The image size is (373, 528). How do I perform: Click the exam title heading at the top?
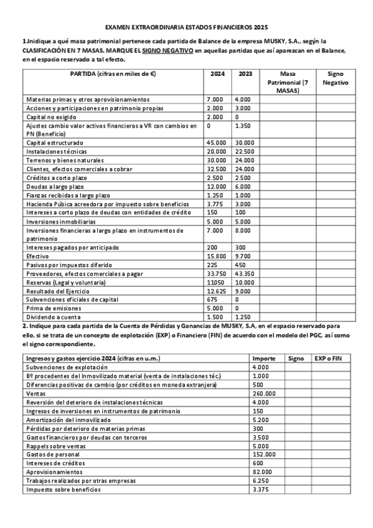(x=186, y=28)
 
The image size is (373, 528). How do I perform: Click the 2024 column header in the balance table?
(x=217, y=74)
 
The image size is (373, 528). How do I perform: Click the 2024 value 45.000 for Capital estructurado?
(x=216, y=143)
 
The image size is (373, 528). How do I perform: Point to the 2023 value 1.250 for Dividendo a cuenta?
(x=242, y=316)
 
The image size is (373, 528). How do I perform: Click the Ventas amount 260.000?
(x=264, y=394)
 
